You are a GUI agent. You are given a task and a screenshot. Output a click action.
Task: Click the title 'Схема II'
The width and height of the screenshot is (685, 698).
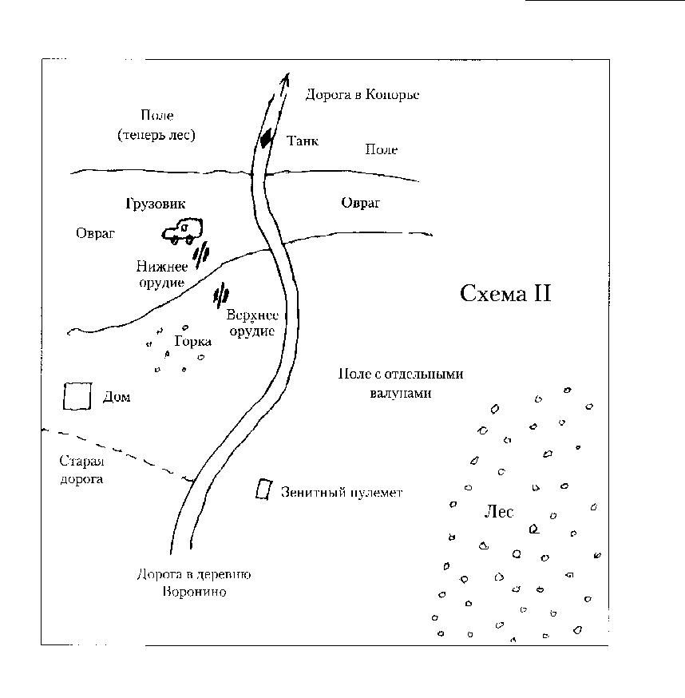(x=506, y=294)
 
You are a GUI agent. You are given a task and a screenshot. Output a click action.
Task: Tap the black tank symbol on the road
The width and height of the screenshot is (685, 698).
(x=266, y=139)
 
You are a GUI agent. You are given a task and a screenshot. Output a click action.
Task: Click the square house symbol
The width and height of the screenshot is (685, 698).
(x=76, y=396)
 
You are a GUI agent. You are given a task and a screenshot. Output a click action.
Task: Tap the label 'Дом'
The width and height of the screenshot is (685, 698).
(x=117, y=397)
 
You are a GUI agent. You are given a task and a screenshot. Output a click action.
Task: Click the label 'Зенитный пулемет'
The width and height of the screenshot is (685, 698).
(x=341, y=493)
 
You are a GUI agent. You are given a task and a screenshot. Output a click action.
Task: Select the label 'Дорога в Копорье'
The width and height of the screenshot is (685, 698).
(x=362, y=94)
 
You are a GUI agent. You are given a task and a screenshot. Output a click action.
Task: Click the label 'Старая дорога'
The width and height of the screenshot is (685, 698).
(x=82, y=470)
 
